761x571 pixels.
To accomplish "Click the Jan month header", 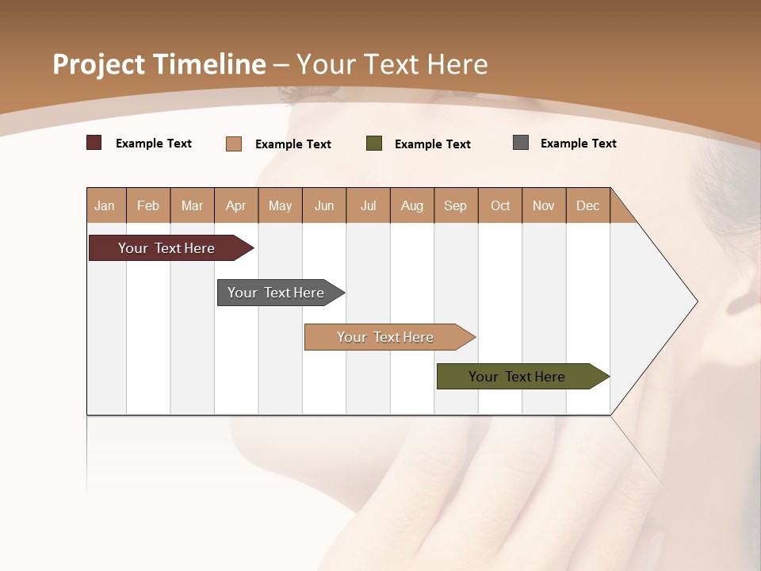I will (105, 205).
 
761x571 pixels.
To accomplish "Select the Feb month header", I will (148, 205).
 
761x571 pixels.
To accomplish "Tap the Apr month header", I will (235, 205).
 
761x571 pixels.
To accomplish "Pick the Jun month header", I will (324, 205).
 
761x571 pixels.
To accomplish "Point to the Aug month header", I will (411, 205).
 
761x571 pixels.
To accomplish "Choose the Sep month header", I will (455, 205).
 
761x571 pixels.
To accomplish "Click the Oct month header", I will (500, 205).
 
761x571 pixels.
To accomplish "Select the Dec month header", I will (587, 205).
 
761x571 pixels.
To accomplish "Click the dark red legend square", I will (94, 143).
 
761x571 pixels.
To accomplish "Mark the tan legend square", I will (234, 144).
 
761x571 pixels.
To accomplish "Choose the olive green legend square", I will (374, 144).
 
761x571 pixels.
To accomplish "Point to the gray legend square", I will (521, 143).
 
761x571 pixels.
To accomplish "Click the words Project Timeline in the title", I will (159, 64).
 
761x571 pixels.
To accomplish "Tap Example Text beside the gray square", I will (578, 144).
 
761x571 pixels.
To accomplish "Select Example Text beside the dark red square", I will (154, 144).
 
